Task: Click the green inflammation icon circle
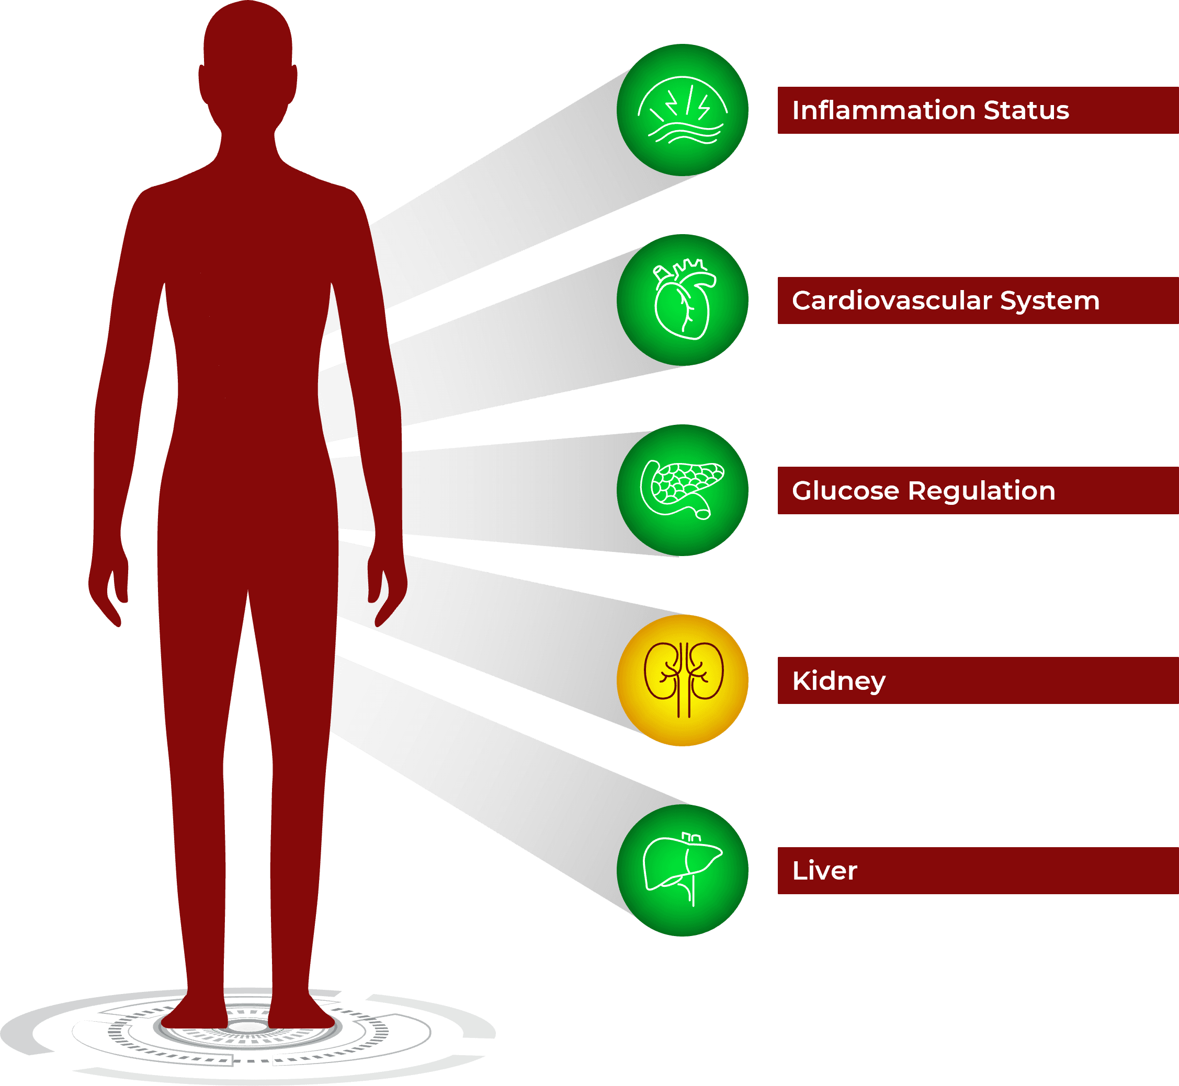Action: pyautogui.click(x=682, y=110)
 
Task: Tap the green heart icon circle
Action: pyautogui.click(x=682, y=299)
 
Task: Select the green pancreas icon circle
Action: pyautogui.click(x=682, y=490)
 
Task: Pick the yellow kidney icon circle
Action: pyautogui.click(x=682, y=680)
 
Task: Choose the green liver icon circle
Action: pyautogui.click(x=682, y=870)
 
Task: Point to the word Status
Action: pyautogui.click(x=1026, y=110)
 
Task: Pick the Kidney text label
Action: pyautogui.click(x=838, y=681)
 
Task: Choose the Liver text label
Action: pyautogui.click(x=824, y=871)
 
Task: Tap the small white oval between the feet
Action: pyautogui.click(x=247, y=1026)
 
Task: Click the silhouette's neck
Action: pyautogui.click(x=247, y=141)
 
